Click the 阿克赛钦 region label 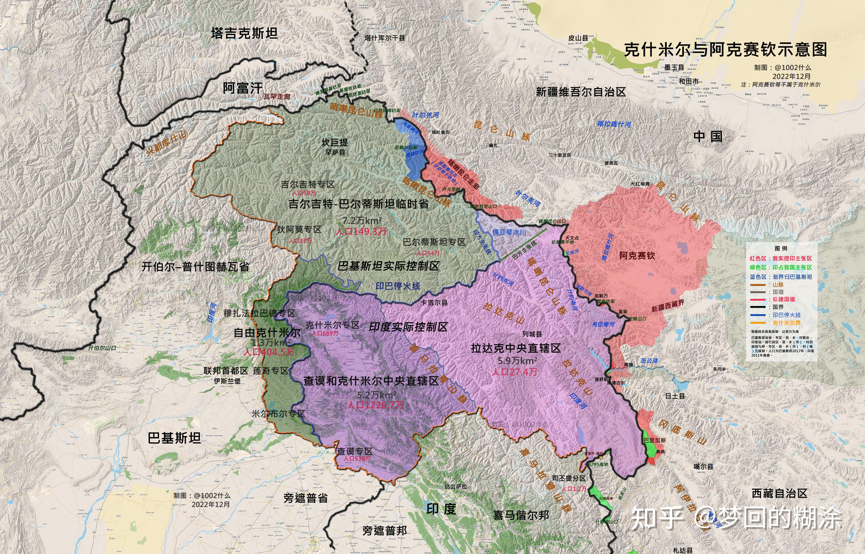pos(637,256)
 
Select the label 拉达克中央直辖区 pos(516,348)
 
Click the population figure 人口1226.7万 pos(375,405)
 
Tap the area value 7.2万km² pos(362,220)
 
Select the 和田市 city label pos(688,81)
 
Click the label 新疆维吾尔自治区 pos(581,92)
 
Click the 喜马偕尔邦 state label pos(521,515)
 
